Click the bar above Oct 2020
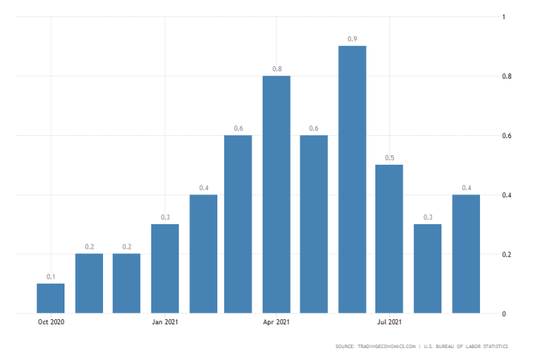point(50,298)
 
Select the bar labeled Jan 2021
point(165,269)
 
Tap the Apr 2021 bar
point(277,194)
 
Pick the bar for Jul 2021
point(389,239)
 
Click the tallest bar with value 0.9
point(352,180)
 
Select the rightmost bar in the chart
point(467,254)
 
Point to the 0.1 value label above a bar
point(50,277)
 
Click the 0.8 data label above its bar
point(277,69)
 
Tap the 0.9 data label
point(352,39)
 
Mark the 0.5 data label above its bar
point(389,158)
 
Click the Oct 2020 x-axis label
point(50,322)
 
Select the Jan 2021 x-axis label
point(165,322)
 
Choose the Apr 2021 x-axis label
point(277,322)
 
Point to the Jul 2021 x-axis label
point(389,322)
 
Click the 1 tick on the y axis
point(504,17)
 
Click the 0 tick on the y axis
point(504,314)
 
